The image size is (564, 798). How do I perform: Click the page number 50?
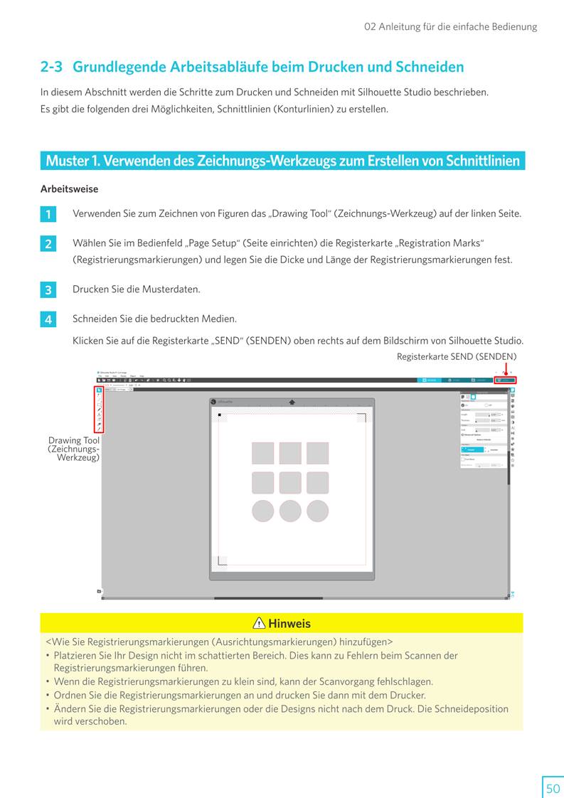553,788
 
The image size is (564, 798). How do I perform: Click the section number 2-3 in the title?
51,67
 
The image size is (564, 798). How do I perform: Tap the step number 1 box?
48,214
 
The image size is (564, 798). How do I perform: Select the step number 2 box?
48,244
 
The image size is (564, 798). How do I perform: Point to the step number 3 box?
48,290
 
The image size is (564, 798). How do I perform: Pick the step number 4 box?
48,320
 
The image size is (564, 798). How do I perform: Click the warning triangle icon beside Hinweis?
260,624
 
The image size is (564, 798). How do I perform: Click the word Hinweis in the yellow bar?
289,624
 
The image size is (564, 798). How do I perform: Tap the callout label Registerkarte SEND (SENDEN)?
457,356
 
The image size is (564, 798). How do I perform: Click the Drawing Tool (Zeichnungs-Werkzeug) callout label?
74,449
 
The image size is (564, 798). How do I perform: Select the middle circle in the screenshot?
290,511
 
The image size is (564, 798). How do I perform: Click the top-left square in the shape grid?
263,453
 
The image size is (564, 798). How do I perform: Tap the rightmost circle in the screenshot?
317,511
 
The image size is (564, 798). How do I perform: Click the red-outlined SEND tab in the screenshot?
506,381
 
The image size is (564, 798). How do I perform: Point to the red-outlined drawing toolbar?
99,409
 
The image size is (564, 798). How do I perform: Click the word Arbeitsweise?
70,189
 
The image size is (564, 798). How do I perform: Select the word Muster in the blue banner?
66,161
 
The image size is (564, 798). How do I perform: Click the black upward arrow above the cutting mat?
292,402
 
